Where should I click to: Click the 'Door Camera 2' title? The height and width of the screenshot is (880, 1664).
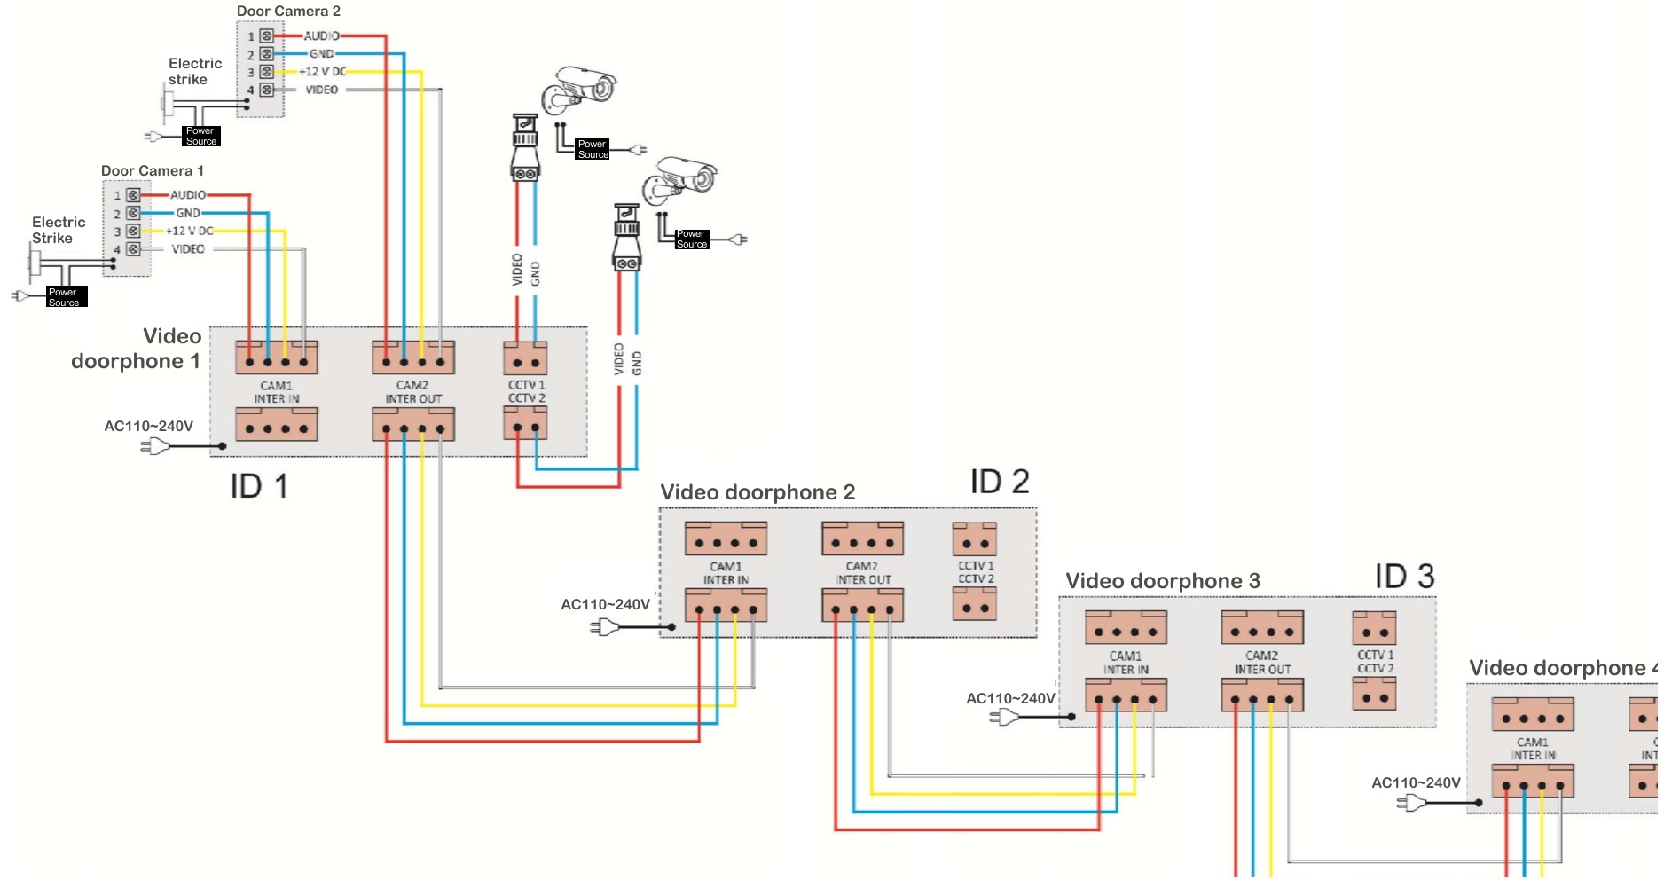pyautogui.click(x=288, y=12)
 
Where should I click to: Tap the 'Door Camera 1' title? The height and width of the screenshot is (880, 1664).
pyautogui.click(x=153, y=171)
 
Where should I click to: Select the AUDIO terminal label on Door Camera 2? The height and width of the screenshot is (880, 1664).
pyautogui.click(x=321, y=36)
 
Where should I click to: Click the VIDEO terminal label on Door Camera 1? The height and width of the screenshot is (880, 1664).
pyautogui.click(x=188, y=249)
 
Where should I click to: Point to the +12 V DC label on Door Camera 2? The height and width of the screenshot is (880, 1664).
pyautogui.click(x=323, y=72)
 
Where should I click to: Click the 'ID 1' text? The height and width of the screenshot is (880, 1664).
pyautogui.click(x=258, y=486)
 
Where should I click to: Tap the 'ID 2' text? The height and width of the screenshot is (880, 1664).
pyautogui.click(x=999, y=482)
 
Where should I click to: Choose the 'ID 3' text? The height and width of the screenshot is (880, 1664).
pyautogui.click(x=1404, y=577)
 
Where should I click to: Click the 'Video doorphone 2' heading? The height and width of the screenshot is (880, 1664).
pyautogui.click(x=757, y=492)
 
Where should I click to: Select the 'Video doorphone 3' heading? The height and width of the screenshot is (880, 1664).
pyautogui.click(x=1162, y=581)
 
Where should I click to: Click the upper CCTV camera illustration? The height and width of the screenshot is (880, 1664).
pyautogui.click(x=581, y=89)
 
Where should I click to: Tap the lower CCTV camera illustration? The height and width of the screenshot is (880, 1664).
pyautogui.click(x=681, y=179)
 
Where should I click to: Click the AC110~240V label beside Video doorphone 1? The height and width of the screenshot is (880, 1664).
pyautogui.click(x=148, y=427)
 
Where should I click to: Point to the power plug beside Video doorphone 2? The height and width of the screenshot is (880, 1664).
pyautogui.click(x=604, y=627)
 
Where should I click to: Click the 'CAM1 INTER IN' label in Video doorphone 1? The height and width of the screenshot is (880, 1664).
pyautogui.click(x=277, y=392)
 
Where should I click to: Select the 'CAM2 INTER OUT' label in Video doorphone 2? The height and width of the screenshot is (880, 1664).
pyautogui.click(x=863, y=573)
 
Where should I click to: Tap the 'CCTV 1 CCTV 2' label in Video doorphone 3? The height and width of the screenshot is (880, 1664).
pyautogui.click(x=1375, y=662)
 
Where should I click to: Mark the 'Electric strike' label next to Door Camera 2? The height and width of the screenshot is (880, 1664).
pyautogui.click(x=195, y=71)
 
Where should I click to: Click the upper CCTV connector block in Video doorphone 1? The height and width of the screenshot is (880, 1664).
pyautogui.click(x=525, y=359)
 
